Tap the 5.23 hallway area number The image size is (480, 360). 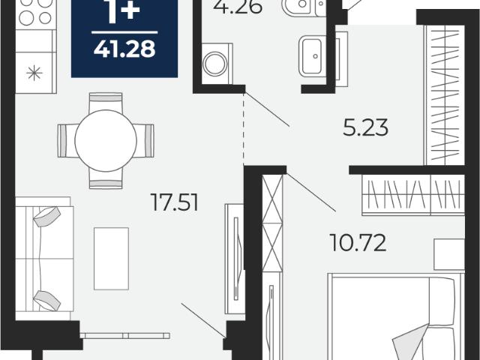365,127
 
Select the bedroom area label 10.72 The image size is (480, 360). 358,242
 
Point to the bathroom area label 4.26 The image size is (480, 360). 238,7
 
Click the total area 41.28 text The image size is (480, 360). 124,49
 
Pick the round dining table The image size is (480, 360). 106,140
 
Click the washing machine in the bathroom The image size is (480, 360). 217,64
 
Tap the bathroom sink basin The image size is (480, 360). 312,56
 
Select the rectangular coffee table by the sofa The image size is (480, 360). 111,258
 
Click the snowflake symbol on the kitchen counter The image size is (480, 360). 34,73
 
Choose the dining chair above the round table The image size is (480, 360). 106,102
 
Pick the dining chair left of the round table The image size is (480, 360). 67,140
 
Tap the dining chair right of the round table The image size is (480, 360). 145,140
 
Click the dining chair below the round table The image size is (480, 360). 106,179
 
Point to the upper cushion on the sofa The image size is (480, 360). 46,217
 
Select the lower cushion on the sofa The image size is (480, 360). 46,301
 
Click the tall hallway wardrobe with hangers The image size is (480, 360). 445,95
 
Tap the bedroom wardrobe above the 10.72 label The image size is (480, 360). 413,195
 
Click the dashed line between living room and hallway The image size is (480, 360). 244,129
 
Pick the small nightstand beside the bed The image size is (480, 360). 449,255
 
